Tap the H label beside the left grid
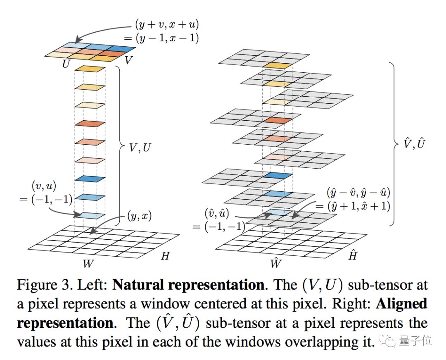(x=165, y=256)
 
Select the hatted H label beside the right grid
(x=352, y=256)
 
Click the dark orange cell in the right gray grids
(x=275, y=120)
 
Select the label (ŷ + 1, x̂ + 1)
(x=353, y=205)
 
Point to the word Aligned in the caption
(x=401, y=304)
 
